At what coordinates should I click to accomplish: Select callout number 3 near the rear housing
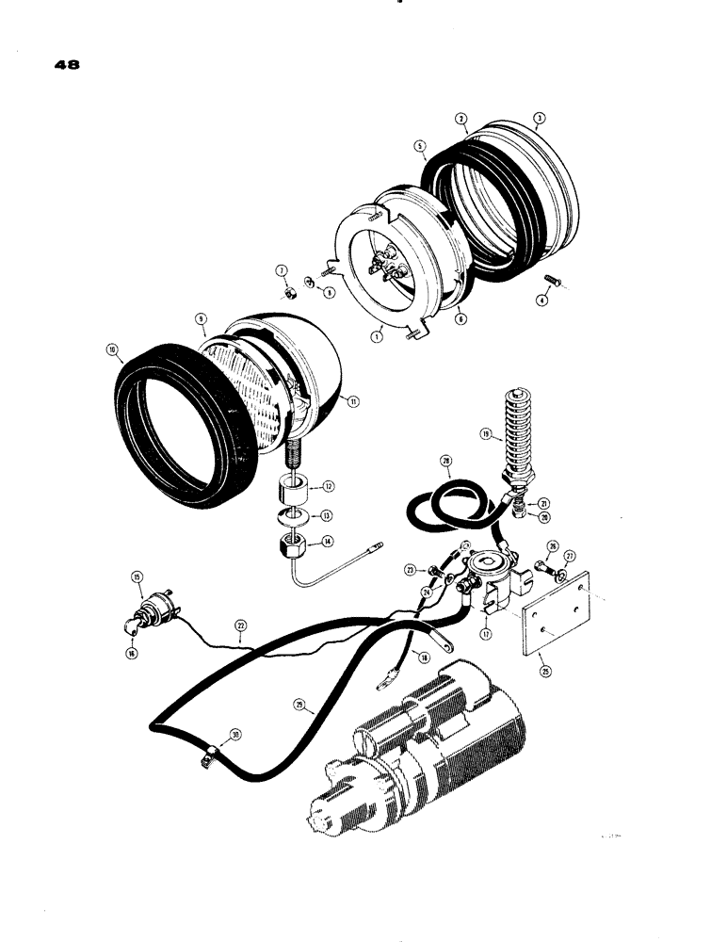coord(539,119)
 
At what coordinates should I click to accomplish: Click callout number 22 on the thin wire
coord(242,625)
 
